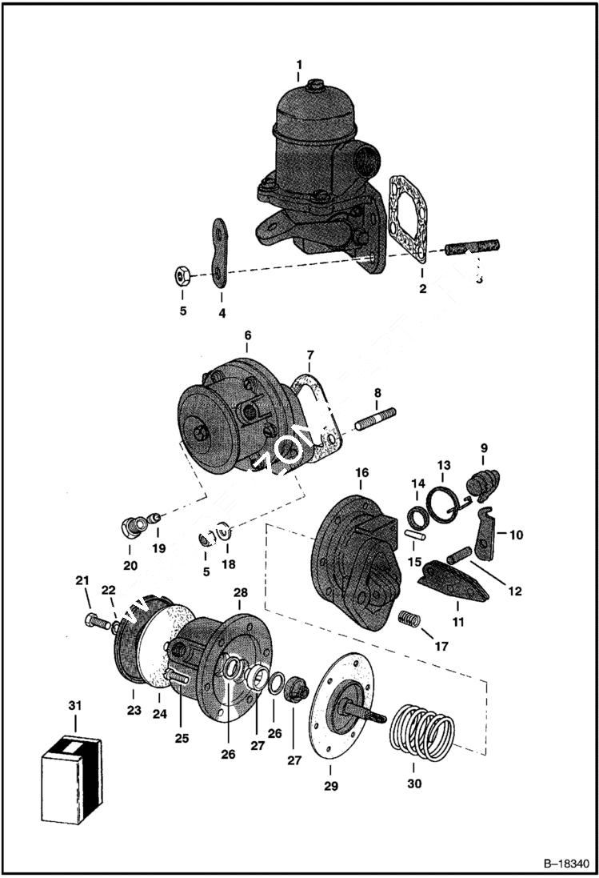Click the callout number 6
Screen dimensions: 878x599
point(247,336)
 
